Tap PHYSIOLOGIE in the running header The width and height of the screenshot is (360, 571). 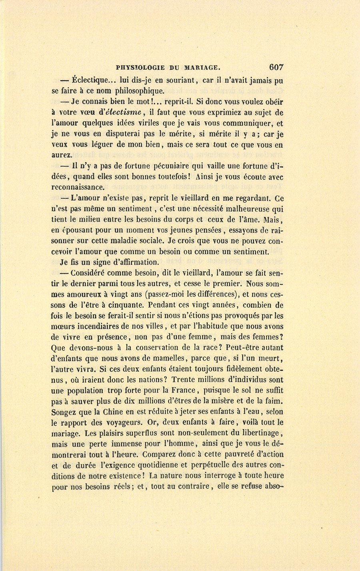139,68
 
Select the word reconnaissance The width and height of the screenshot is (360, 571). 78,187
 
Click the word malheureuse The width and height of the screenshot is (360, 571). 245,209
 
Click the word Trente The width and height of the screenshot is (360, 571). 186,380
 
